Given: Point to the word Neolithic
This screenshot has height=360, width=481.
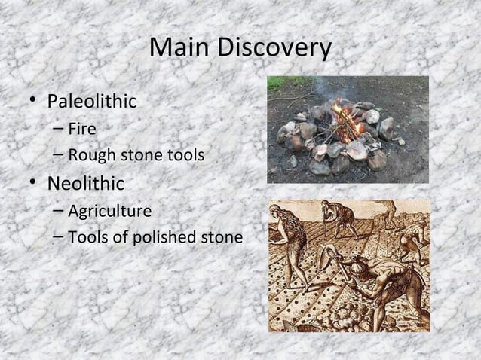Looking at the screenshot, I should [86, 183].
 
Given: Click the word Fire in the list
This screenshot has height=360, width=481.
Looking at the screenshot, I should [81, 130].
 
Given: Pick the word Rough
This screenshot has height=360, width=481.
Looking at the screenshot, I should [90, 157].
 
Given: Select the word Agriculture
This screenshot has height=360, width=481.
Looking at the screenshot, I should [109, 210].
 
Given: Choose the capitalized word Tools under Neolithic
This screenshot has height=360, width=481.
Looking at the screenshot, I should [87, 238].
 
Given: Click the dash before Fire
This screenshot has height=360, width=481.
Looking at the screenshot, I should [59, 130].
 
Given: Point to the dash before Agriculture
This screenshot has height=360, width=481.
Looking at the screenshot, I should [59, 211].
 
